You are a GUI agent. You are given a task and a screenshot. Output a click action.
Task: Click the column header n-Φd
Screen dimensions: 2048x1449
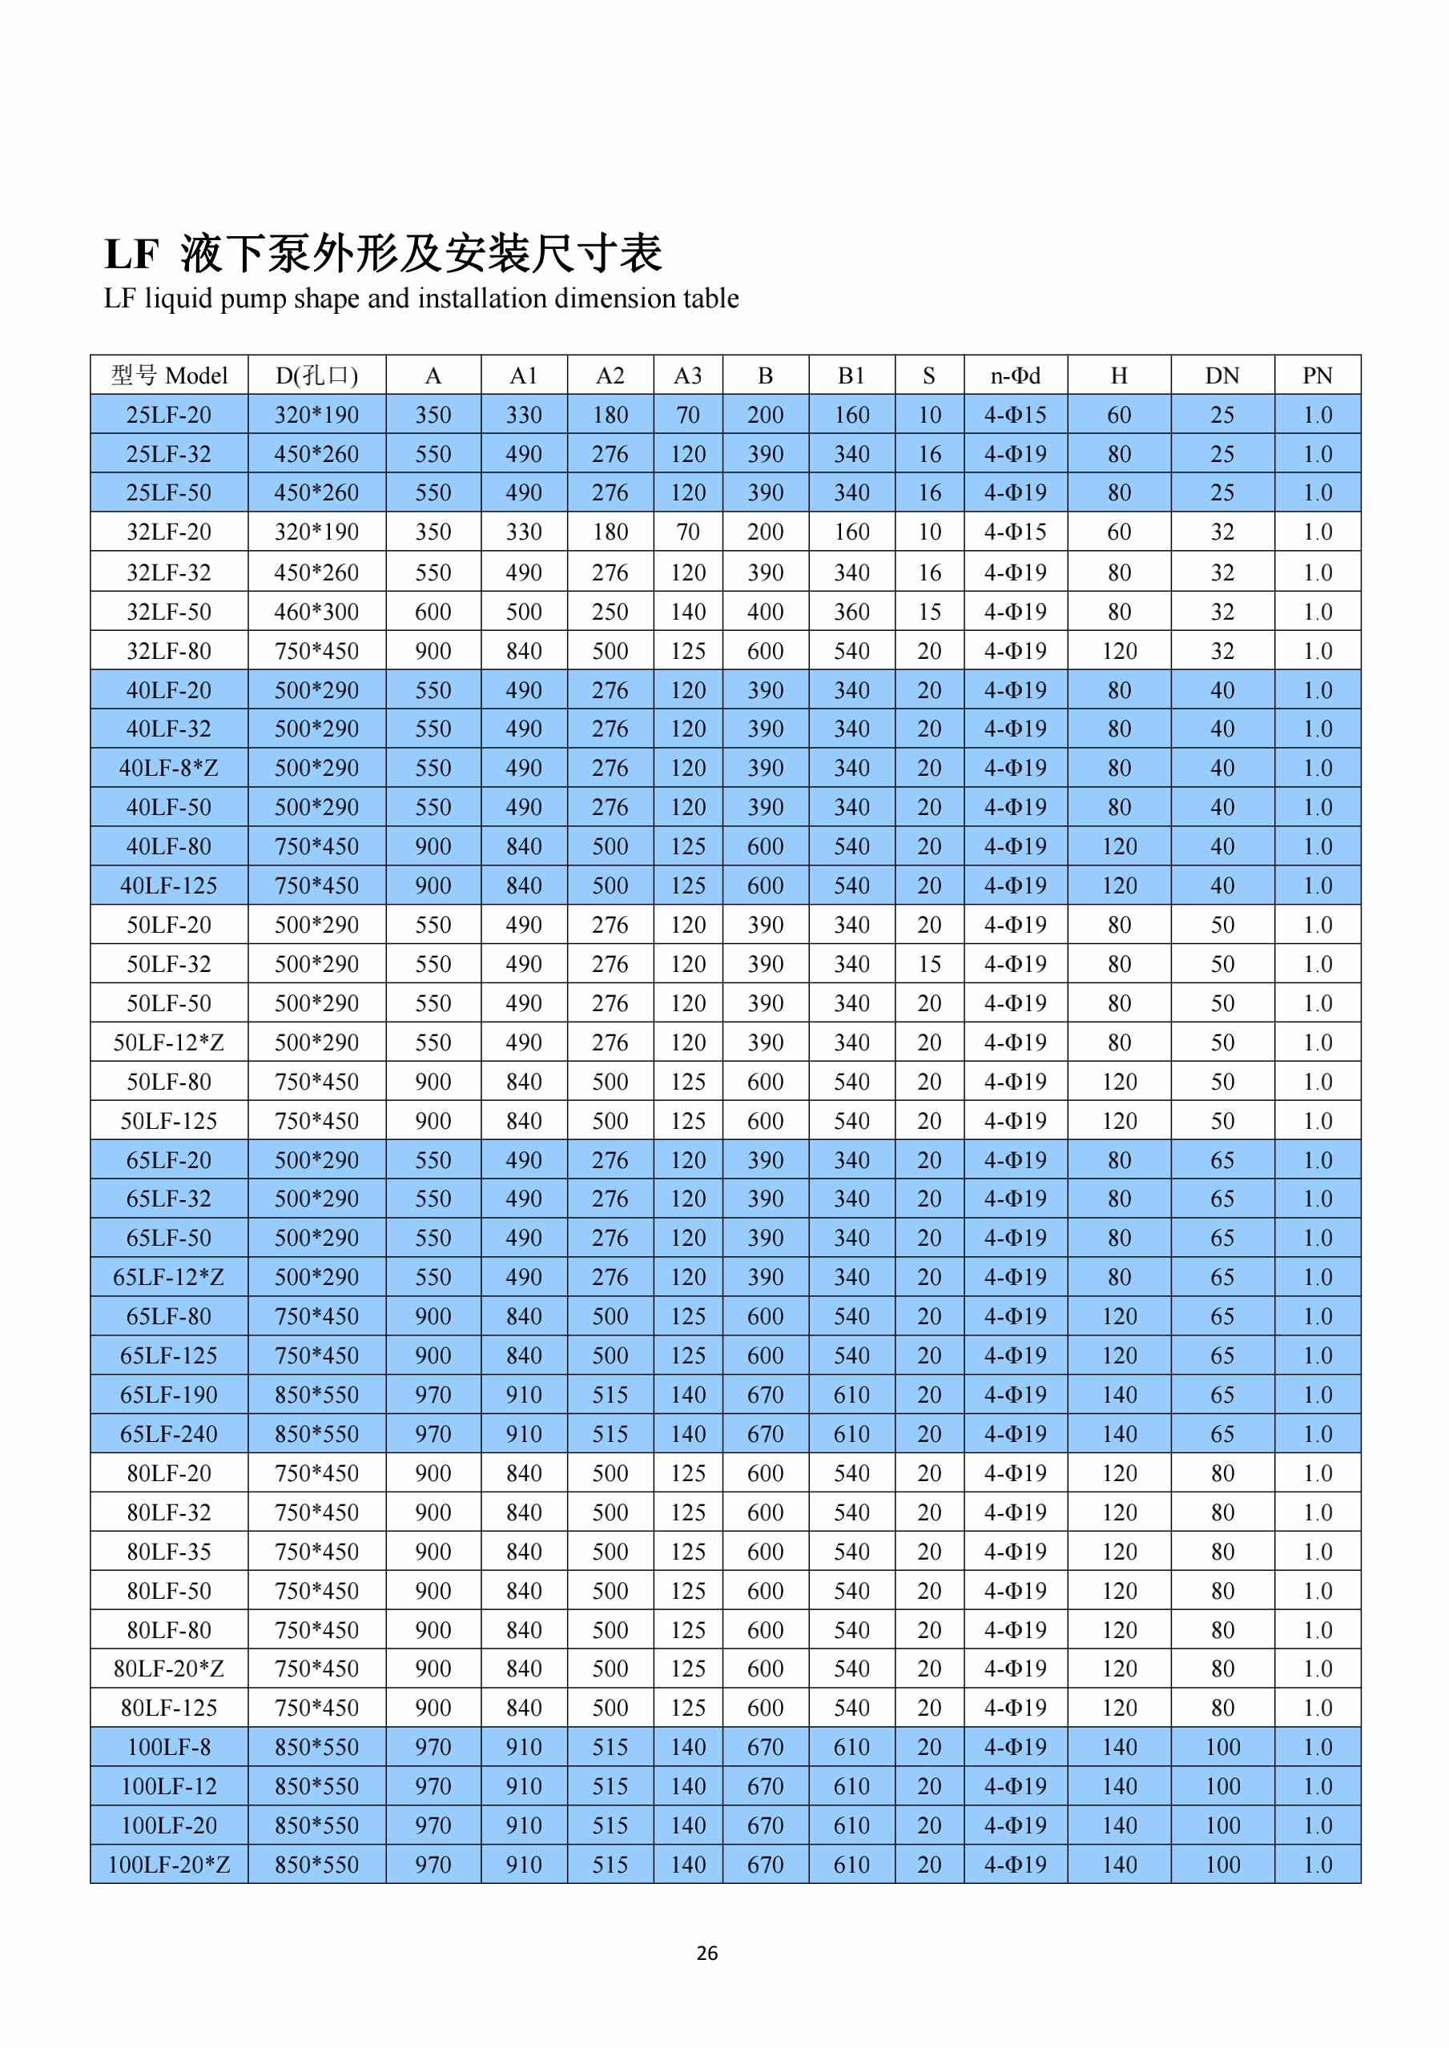(1015, 375)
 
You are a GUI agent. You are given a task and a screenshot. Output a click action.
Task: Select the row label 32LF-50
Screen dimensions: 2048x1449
(169, 612)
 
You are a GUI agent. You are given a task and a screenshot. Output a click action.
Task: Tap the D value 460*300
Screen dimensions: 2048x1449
(316, 612)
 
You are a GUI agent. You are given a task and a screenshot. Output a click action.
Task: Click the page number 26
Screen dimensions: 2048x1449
(706, 1953)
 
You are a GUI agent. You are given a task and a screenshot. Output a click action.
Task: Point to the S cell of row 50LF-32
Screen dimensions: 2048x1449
(929, 964)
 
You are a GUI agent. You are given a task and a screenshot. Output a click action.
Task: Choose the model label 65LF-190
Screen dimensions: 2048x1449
(169, 1395)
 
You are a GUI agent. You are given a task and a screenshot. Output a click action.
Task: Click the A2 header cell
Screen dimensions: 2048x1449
(610, 375)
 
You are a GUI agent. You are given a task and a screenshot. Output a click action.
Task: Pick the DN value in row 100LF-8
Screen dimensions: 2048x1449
(1222, 1748)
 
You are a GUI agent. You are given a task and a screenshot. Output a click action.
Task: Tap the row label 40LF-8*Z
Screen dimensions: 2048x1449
(169, 768)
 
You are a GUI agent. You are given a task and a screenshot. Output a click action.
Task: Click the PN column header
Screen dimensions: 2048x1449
(1317, 375)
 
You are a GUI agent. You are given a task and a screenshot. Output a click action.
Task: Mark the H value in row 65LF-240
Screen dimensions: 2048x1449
(1119, 1434)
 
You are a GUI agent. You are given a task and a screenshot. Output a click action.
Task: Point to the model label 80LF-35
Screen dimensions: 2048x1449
(169, 1552)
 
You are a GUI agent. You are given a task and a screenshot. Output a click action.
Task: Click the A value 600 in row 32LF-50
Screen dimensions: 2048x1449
(433, 612)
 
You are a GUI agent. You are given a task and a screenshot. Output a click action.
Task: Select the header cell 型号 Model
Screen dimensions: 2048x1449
(169, 375)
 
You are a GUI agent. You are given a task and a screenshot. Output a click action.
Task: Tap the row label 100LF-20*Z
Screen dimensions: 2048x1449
(169, 1865)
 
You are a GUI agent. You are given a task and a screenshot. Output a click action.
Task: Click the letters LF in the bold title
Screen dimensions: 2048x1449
(131, 255)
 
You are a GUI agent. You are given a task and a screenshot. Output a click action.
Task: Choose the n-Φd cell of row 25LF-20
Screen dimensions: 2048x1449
(1015, 415)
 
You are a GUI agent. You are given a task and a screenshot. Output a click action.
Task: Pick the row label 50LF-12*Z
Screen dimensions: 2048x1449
(169, 1042)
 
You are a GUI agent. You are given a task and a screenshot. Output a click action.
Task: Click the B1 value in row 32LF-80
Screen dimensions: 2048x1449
(851, 651)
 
